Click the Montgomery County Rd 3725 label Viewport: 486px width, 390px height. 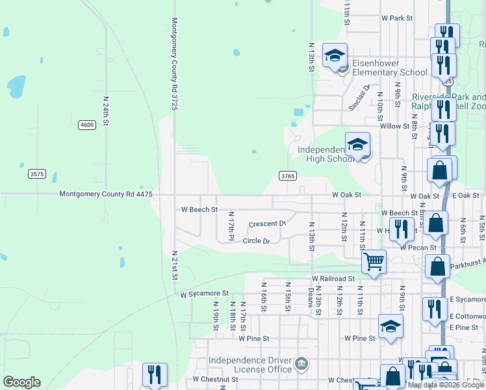pyautogui.click(x=174, y=63)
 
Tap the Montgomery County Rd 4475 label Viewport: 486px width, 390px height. pyautogui.click(x=106, y=194)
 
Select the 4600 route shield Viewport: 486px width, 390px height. pyautogui.click(x=86, y=124)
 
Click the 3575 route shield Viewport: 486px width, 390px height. pyautogui.click(x=37, y=174)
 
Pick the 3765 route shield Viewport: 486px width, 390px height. pyautogui.click(x=288, y=175)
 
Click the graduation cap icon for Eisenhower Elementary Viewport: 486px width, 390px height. pyautogui.click(x=335, y=55)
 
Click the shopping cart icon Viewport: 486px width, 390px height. pyautogui.click(x=374, y=262)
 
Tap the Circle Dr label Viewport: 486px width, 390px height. pyautogui.click(x=256, y=240)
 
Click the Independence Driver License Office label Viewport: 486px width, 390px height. pyautogui.click(x=250, y=365)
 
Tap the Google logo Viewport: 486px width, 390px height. pyautogui.click(x=21, y=382)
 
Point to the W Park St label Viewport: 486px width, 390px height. pyautogui.click(x=397, y=19)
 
